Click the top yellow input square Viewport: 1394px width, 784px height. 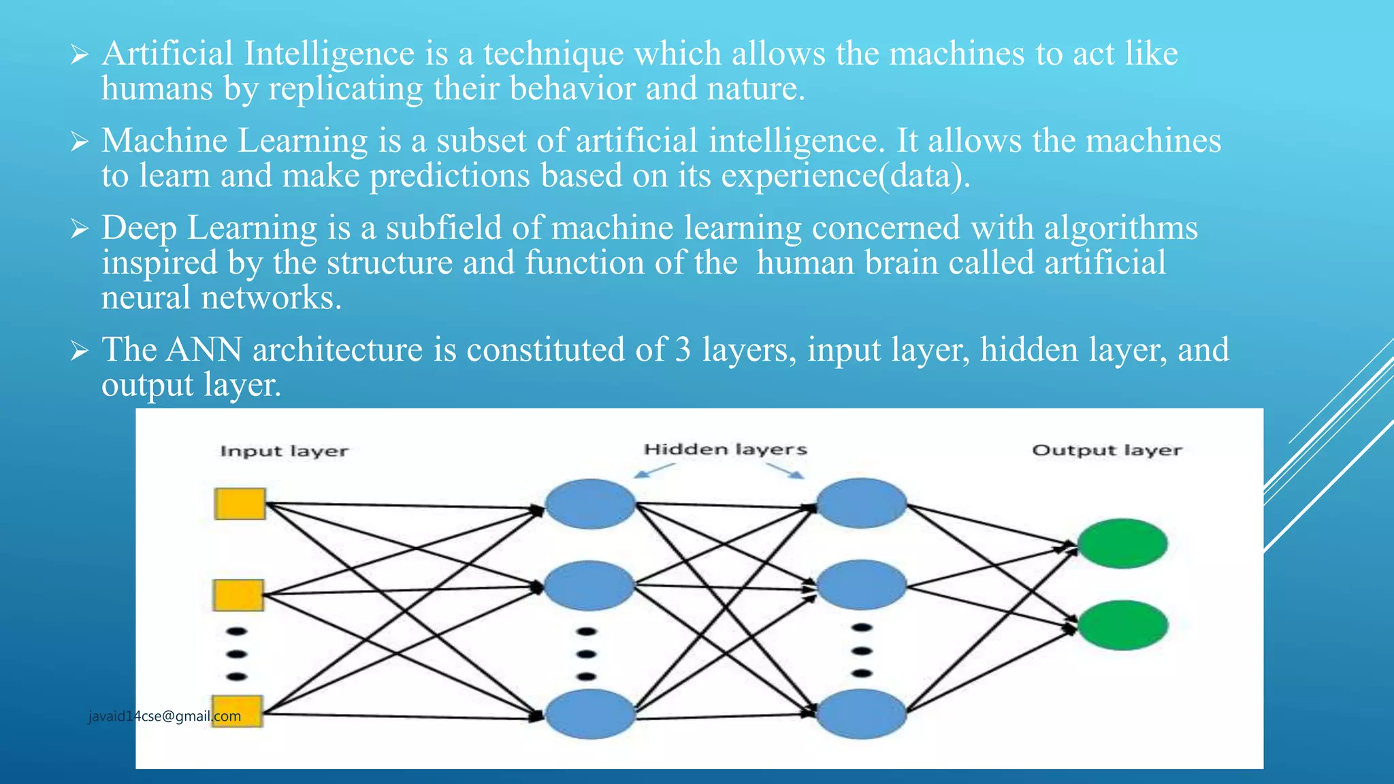click(x=240, y=504)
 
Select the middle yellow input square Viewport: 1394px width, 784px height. click(x=238, y=595)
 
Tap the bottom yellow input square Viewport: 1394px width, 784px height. click(x=237, y=711)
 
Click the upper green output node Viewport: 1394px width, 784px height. click(x=1122, y=543)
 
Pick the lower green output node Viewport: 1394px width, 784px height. click(x=1122, y=625)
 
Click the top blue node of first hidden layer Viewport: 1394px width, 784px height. click(x=590, y=504)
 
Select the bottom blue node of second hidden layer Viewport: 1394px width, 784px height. click(x=861, y=713)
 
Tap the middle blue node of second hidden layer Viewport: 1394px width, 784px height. click(x=861, y=585)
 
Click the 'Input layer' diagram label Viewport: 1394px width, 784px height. click(x=284, y=451)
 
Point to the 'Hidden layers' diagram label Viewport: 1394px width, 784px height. click(x=725, y=449)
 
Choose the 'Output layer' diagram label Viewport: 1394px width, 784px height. click(x=1107, y=451)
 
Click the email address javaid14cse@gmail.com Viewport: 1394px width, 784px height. click(x=165, y=716)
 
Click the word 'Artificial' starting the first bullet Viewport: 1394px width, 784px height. click(x=167, y=53)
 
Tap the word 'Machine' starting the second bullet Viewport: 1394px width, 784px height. click(x=164, y=141)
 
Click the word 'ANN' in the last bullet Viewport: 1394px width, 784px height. click(x=204, y=350)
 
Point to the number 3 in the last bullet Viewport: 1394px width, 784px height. click(x=683, y=350)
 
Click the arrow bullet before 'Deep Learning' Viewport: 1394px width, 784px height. click(x=80, y=229)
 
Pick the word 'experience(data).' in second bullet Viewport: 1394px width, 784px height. click(x=845, y=176)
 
